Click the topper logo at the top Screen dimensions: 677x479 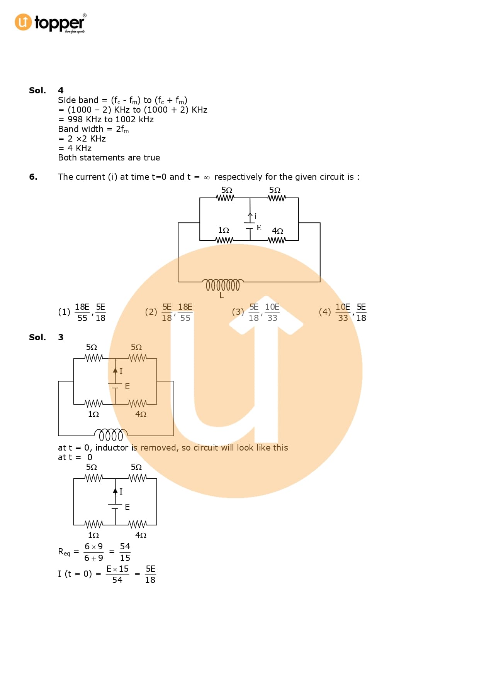(50, 23)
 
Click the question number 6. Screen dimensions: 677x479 (33, 177)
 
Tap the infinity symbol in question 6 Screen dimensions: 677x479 (207, 177)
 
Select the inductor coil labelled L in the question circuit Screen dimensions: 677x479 (223, 285)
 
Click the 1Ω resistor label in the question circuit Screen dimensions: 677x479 (224, 230)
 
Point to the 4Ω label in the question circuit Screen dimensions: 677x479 (277, 231)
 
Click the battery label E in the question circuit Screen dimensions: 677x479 (259, 228)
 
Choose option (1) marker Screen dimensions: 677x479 (64, 312)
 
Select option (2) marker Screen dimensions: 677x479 (151, 312)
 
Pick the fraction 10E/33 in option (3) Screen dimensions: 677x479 (272, 312)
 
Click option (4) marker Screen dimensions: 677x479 (325, 312)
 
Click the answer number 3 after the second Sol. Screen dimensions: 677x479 (61, 337)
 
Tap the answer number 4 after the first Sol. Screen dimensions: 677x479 (61, 90)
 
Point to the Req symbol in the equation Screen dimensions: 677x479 (64, 552)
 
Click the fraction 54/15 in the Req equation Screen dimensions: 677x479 (125, 552)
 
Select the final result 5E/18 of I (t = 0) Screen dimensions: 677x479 (150, 574)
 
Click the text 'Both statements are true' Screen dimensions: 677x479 (109, 157)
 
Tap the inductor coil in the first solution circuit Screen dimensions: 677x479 (111, 435)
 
